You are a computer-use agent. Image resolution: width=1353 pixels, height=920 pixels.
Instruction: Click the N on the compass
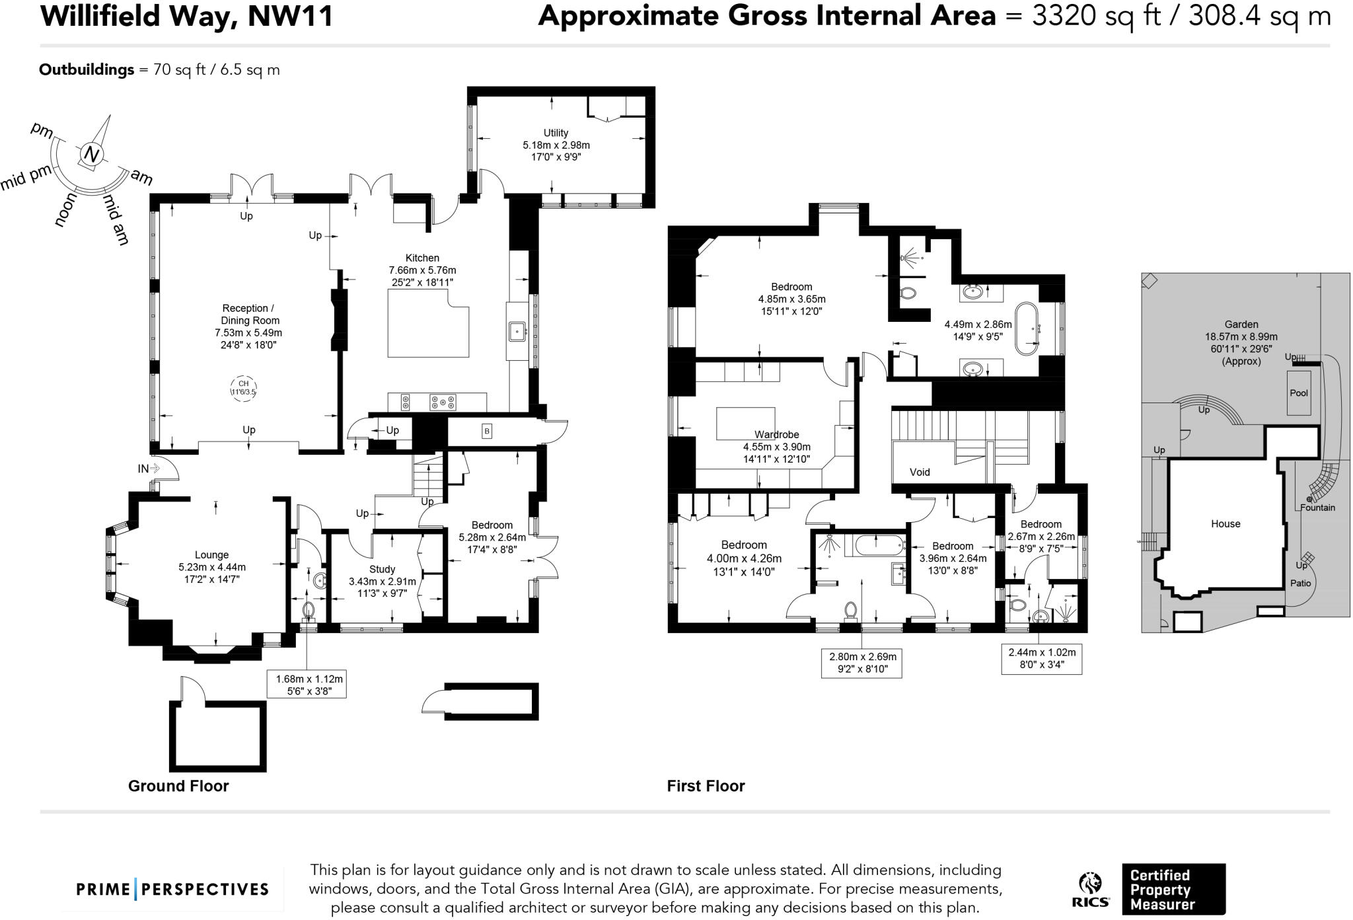coord(92,155)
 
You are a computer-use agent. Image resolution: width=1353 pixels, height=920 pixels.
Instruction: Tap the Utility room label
coord(556,133)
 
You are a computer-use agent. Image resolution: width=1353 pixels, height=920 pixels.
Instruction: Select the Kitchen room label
coord(422,258)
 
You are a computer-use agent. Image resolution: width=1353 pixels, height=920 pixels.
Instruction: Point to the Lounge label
coord(211,555)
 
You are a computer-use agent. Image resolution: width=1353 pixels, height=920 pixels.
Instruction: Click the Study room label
coord(382,569)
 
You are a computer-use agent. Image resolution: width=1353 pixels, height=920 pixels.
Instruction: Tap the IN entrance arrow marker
coord(149,469)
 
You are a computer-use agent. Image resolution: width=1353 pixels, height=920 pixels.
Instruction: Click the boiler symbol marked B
coord(487,432)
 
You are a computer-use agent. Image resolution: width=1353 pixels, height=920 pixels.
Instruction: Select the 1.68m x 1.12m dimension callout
coord(307,685)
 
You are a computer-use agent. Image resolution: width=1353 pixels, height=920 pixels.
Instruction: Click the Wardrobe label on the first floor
coord(777,435)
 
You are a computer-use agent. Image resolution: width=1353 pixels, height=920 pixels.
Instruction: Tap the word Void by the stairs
coord(920,472)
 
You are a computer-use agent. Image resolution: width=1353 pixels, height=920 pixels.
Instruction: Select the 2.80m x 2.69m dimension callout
coord(863,663)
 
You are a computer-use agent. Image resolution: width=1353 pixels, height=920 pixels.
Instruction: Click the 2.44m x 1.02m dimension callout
coord(1042,659)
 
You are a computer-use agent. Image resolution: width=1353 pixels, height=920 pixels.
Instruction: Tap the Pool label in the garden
coord(1299,393)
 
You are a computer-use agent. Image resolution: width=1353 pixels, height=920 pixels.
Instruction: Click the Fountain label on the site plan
coord(1317,508)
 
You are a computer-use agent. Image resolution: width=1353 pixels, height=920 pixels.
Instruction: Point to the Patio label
coord(1301,583)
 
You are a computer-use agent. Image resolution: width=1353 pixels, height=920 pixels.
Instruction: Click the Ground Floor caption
coord(178,786)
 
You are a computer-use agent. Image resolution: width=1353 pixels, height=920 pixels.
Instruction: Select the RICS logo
coord(1091,890)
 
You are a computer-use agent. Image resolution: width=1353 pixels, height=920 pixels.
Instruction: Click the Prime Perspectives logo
coord(172,889)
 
